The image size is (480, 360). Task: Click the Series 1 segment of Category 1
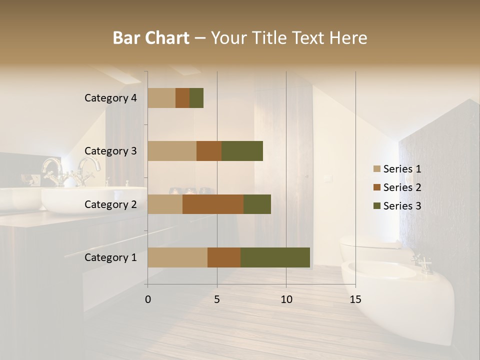click(177, 257)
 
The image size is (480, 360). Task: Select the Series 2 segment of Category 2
click(213, 204)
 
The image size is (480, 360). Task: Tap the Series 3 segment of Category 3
click(242, 151)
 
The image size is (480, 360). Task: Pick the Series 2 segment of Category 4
click(182, 98)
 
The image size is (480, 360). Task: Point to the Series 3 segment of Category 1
click(275, 257)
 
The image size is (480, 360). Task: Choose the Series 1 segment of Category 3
click(172, 151)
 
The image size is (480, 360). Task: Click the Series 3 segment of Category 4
click(196, 98)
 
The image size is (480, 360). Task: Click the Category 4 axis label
click(110, 98)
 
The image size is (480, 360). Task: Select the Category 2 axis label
click(110, 204)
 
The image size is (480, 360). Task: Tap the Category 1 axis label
click(110, 257)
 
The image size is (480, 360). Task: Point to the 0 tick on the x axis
click(148, 299)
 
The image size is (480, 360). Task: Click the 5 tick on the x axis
click(217, 299)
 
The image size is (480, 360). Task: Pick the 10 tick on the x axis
click(286, 299)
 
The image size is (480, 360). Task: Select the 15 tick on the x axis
click(355, 299)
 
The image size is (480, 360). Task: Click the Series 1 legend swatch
click(377, 169)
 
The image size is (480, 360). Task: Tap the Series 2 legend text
click(402, 187)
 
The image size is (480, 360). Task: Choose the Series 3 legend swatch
click(377, 206)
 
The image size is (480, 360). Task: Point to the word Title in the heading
click(271, 38)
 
